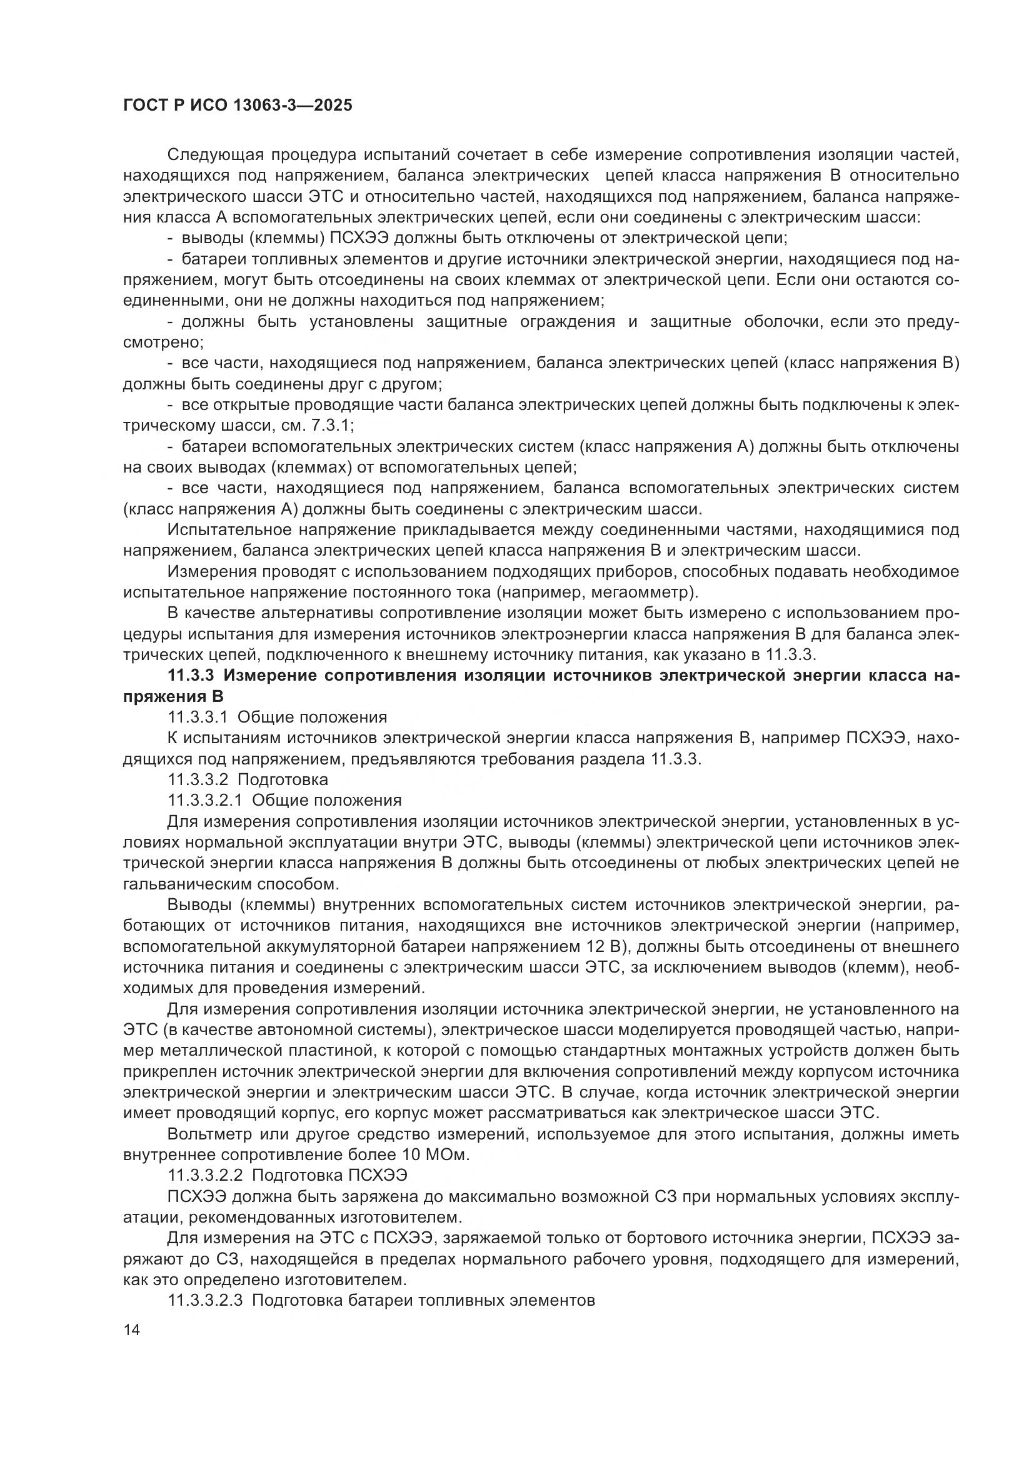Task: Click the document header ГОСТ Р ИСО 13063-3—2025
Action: pyautogui.click(x=237, y=105)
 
